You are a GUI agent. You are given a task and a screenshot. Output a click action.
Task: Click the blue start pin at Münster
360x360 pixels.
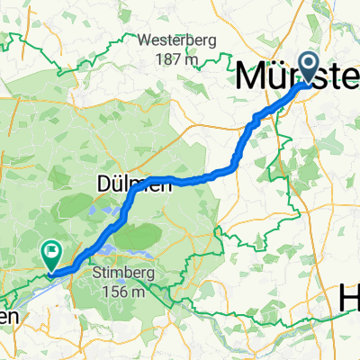click(x=309, y=67)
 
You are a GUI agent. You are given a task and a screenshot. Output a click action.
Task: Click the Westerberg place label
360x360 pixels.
click(x=176, y=40)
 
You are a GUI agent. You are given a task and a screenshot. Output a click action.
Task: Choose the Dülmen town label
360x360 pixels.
click(x=120, y=184)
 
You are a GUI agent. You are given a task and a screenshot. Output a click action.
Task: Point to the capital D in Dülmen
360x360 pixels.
click(x=101, y=184)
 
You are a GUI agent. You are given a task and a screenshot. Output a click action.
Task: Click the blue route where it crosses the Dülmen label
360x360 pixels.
click(x=135, y=187)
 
